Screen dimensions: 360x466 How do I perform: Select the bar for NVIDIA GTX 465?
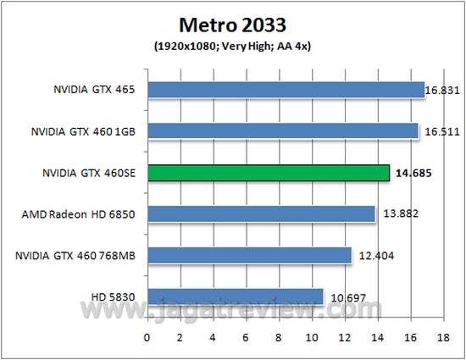[x=286, y=90]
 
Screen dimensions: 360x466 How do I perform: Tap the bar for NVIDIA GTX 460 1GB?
[x=283, y=131]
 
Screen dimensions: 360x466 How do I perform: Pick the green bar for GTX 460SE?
[x=269, y=173]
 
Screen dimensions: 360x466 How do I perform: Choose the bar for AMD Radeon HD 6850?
[x=262, y=214]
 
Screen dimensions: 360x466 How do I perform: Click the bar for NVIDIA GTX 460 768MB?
[x=250, y=255]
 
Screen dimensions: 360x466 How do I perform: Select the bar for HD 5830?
[x=236, y=296]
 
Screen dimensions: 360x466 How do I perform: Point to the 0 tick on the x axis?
[x=148, y=337]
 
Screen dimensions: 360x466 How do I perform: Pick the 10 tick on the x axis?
[x=312, y=337]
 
